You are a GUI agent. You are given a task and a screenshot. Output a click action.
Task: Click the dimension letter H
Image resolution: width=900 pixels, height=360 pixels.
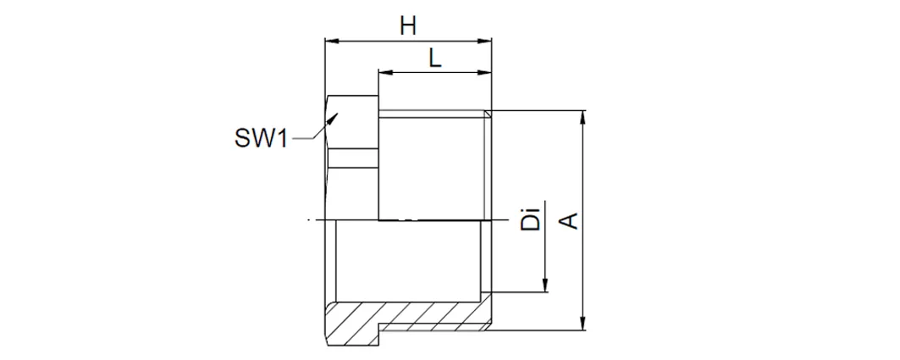click(x=408, y=26)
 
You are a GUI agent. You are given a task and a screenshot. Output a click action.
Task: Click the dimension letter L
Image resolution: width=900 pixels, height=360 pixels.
click(x=436, y=58)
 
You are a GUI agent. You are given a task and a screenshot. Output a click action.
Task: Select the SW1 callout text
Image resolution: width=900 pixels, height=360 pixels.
click(x=261, y=138)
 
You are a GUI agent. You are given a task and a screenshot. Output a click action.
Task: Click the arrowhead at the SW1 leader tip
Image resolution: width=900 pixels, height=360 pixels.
click(x=333, y=119)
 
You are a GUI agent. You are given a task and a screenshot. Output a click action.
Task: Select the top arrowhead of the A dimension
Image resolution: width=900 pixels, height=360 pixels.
click(x=583, y=117)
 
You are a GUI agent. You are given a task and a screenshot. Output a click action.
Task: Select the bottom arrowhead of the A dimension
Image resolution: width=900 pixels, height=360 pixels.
click(x=583, y=324)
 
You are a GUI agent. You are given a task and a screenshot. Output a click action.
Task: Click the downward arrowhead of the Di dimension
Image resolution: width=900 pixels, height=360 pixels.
click(x=544, y=285)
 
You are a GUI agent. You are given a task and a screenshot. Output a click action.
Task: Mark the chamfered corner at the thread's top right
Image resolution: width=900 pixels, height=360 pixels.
click(x=488, y=114)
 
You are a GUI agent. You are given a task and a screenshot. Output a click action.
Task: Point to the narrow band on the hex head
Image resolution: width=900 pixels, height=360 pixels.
click(x=353, y=158)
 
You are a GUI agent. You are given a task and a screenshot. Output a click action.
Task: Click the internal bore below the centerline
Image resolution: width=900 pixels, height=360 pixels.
click(x=407, y=261)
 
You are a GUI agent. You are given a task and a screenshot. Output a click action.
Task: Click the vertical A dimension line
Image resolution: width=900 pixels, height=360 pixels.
click(x=583, y=220)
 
